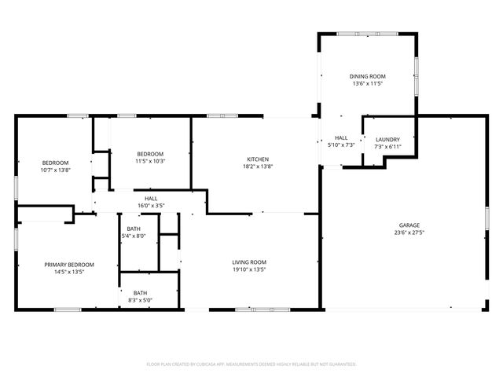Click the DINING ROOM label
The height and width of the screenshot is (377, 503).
coord(368,76)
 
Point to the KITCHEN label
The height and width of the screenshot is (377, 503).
coord(258,158)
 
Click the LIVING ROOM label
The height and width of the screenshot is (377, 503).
coord(248,262)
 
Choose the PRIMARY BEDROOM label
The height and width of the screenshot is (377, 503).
coord(69,265)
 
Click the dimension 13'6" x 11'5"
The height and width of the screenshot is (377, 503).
coord(368,83)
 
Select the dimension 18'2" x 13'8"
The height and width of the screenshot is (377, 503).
coord(258,166)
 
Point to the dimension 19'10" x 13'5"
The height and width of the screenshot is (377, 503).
coord(248,269)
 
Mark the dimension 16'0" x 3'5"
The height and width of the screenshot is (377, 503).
coord(150,206)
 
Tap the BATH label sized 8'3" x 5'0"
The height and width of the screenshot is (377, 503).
coord(140,293)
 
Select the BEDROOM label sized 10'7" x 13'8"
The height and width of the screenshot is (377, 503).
coord(55,163)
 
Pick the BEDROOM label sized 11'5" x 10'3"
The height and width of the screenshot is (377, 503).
coord(150,153)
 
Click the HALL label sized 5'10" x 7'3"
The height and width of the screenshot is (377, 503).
coord(341,137)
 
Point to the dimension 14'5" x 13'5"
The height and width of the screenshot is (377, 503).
coord(69,272)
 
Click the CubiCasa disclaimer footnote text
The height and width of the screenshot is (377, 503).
coord(251,364)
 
